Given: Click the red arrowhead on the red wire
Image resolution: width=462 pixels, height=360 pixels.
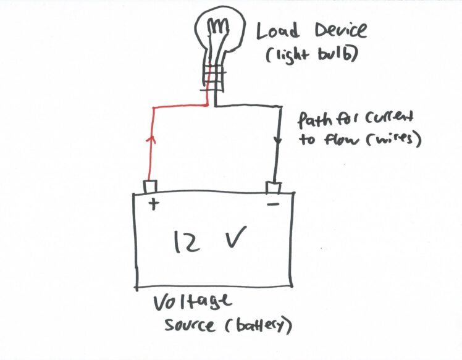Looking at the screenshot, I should pyautogui.click(x=148, y=140).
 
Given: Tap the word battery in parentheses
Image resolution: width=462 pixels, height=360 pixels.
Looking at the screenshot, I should pyautogui.click(x=259, y=326).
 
